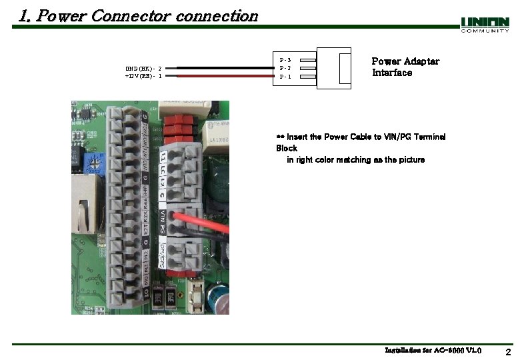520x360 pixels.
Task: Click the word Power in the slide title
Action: click(x=61, y=15)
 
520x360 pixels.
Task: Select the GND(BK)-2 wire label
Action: click(x=143, y=68)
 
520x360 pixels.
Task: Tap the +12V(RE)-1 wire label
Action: click(x=143, y=76)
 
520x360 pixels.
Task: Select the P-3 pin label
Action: click(x=285, y=60)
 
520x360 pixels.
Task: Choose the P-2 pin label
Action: click(x=285, y=68)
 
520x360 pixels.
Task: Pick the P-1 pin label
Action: click(x=285, y=77)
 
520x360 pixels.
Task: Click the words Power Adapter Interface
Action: click(x=405, y=67)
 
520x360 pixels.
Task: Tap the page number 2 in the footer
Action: click(x=508, y=352)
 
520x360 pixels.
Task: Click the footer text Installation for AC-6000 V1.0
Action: click(x=433, y=350)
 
